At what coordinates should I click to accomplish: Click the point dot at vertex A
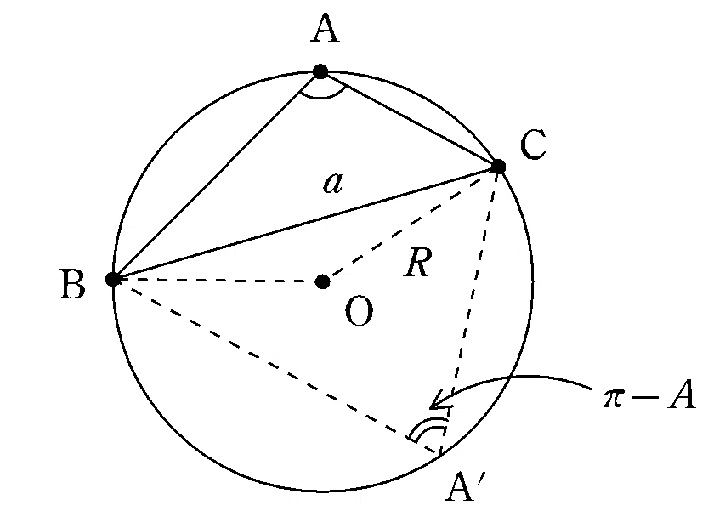click(320, 71)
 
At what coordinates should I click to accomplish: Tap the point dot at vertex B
click(112, 279)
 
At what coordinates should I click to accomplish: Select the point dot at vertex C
click(498, 167)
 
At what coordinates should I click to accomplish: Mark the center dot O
click(322, 281)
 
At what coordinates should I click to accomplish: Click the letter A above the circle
click(325, 28)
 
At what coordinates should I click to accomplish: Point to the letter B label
click(73, 284)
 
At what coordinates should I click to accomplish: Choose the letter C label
click(533, 145)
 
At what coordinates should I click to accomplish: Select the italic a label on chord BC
click(333, 183)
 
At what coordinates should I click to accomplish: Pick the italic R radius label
click(418, 262)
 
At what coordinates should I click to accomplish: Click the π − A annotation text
click(649, 395)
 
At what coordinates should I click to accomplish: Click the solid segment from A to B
click(217, 175)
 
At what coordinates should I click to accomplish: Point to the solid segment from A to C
click(409, 119)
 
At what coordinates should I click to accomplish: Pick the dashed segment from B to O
click(218, 281)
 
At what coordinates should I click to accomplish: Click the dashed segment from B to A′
click(276, 366)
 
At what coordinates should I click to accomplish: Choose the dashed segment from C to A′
click(469, 310)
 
